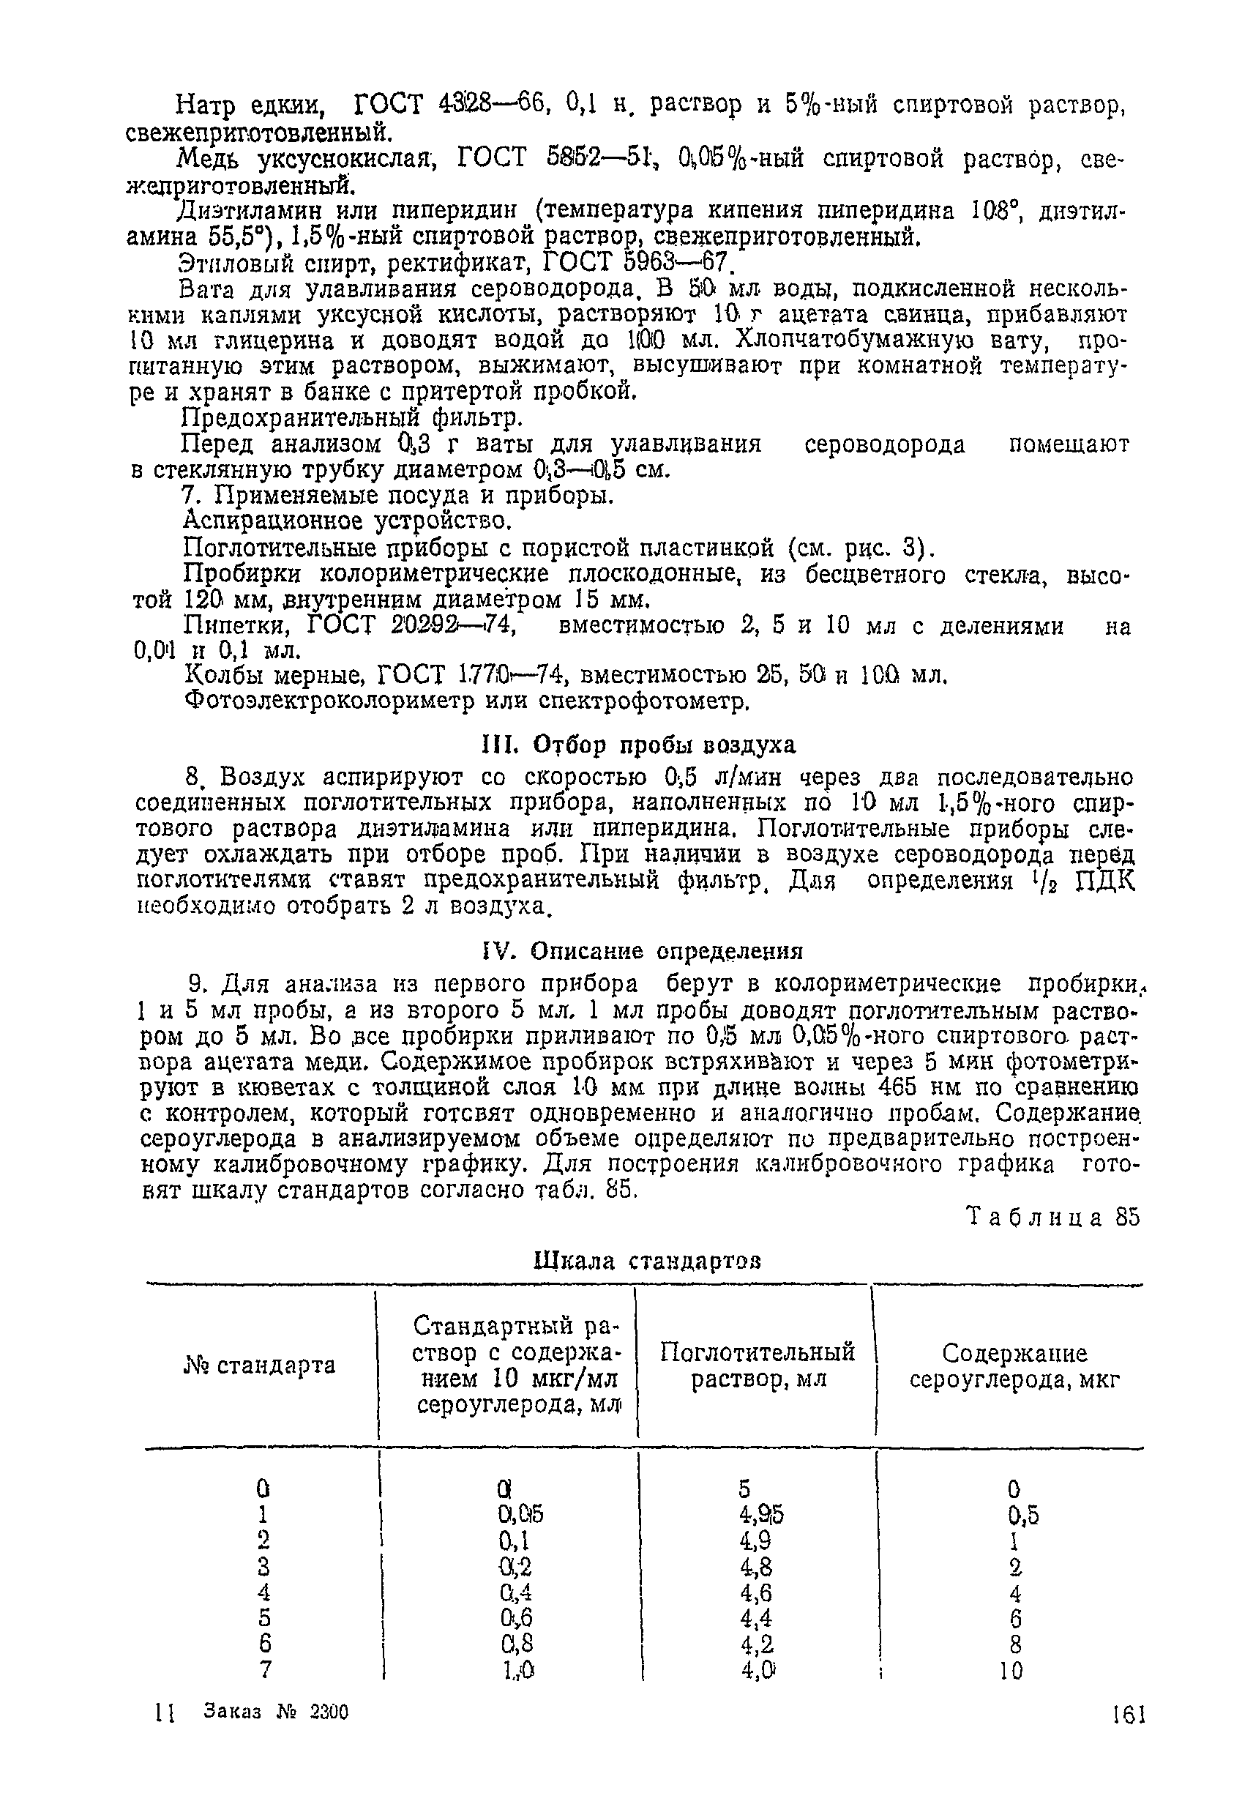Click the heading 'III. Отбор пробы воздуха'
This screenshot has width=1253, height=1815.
click(637, 744)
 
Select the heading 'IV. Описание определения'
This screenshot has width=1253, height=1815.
click(641, 951)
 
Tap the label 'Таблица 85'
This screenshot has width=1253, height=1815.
click(1052, 1218)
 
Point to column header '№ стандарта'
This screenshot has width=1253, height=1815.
click(259, 1365)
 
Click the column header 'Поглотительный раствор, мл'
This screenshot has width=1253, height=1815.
click(757, 1365)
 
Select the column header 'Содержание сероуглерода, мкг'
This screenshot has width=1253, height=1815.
click(1014, 1366)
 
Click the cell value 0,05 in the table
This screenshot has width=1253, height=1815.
click(520, 1513)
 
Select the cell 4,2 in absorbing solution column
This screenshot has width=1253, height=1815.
click(756, 1644)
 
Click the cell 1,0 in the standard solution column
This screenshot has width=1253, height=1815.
click(518, 1671)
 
